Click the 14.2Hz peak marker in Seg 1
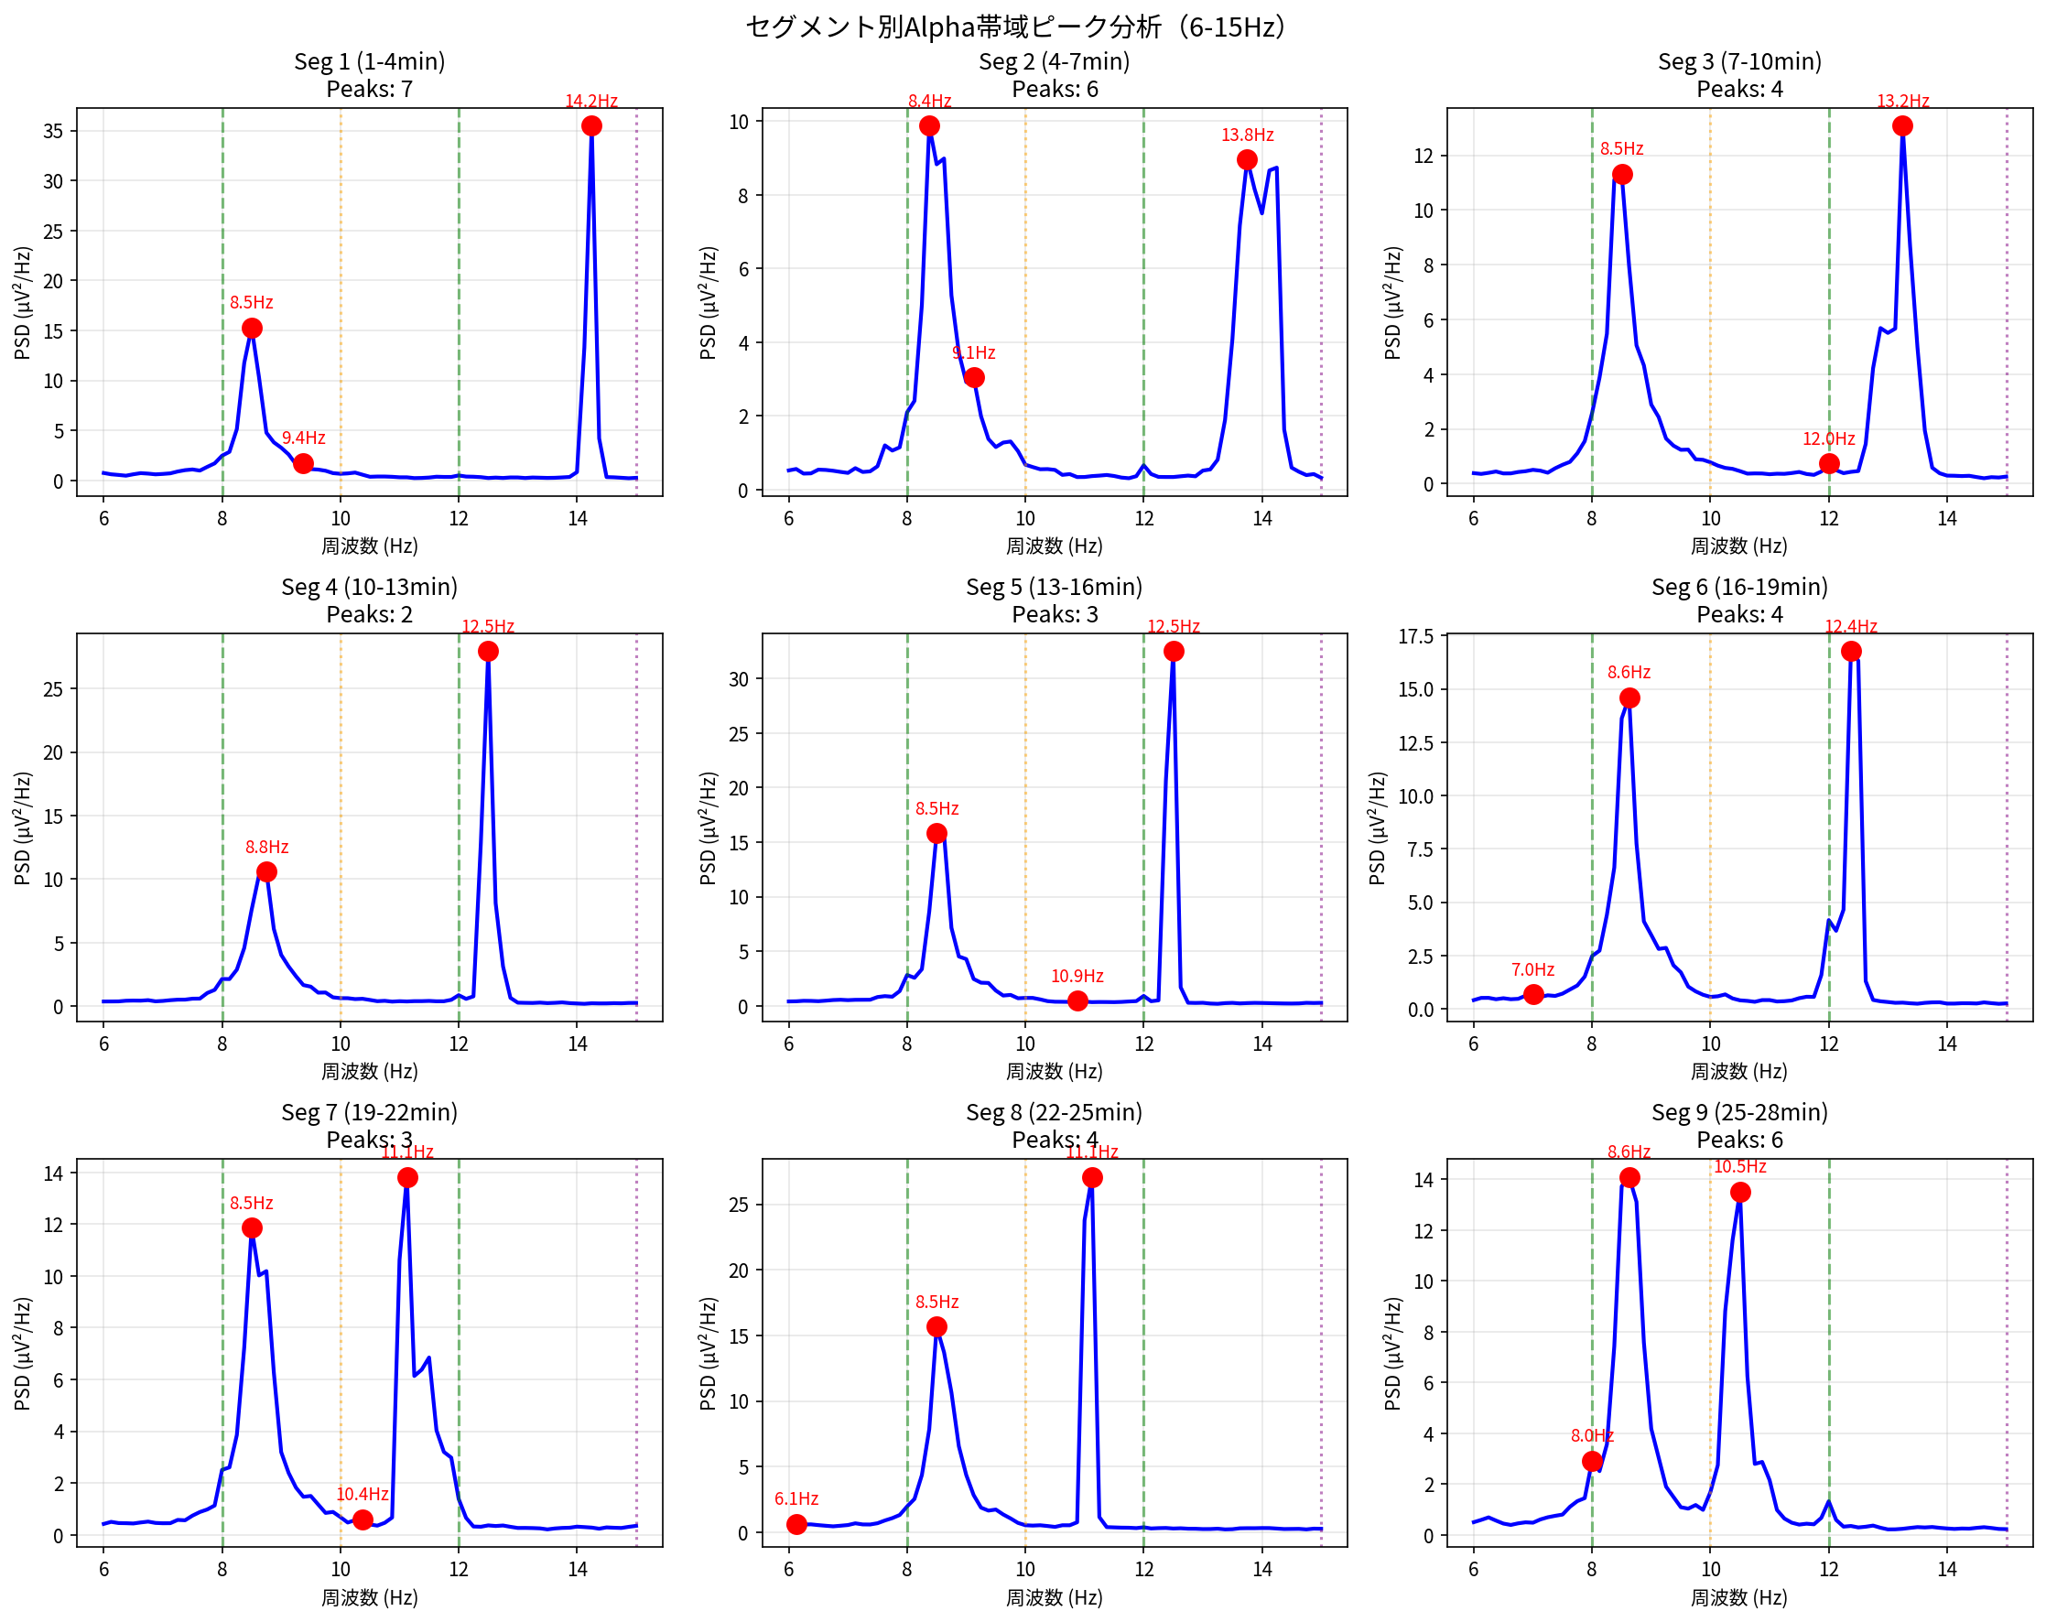(591, 126)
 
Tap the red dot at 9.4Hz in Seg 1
(304, 463)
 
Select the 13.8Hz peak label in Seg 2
(1247, 135)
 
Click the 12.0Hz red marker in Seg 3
(1829, 463)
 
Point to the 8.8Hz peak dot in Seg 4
(266, 871)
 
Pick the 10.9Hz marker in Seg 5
(1077, 1000)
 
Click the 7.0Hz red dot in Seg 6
(1533, 994)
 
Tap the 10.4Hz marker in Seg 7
(363, 1519)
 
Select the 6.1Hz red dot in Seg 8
(796, 1523)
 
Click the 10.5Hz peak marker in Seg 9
(1739, 1192)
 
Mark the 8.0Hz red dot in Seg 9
(1592, 1461)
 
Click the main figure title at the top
(1014, 27)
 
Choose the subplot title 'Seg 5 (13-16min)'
(1054, 587)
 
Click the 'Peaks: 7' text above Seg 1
(369, 89)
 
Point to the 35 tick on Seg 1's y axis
(53, 131)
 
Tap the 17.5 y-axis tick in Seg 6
(1415, 636)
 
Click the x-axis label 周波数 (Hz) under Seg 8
(1054, 1596)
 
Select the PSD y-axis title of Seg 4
(23, 827)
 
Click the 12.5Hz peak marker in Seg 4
(488, 651)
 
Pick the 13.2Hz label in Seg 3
(1901, 101)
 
